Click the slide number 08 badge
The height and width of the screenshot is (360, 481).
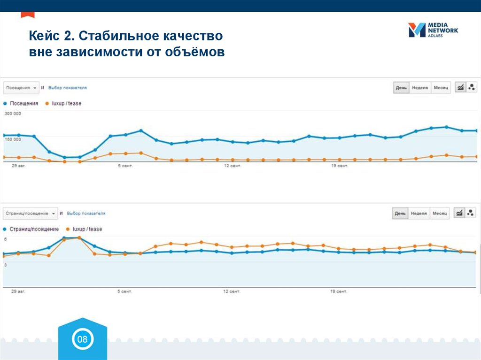pos(82,339)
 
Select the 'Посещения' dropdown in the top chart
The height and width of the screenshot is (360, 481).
pos(21,88)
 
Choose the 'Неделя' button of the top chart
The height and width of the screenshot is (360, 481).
pos(419,88)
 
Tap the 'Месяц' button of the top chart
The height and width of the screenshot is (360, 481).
pos(441,88)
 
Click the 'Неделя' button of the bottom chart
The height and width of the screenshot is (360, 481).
pos(419,214)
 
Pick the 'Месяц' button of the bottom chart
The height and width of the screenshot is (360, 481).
pos(440,214)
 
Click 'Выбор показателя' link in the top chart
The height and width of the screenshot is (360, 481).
pos(68,88)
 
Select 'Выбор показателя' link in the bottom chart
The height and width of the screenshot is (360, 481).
pos(86,214)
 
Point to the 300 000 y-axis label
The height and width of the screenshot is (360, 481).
pos(13,114)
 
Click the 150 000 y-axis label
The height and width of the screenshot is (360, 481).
pos(13,139)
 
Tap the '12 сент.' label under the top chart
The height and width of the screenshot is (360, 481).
pos(232,166)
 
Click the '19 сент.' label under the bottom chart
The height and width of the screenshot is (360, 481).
pos(338,291)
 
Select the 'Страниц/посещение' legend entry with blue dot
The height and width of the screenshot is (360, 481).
pos(34,229)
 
